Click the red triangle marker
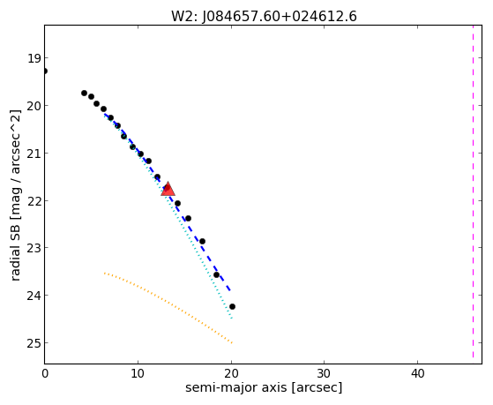point(168,189)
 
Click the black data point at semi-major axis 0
point(45,71)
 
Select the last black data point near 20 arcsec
point(232,306)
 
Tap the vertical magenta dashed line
point(473,191)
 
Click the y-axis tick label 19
point(34,58)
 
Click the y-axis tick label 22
point(34,201)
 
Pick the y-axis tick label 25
point(34,343)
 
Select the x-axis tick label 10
point(138,374)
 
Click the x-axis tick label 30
point(325,374)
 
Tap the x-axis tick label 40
point(417,374)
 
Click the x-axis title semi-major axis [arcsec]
point(264,387)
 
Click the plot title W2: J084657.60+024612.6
point(264,16)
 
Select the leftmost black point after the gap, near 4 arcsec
point(85,94)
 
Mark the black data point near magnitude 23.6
point(216,274)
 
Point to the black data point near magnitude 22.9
point(203,242)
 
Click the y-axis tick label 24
point(34,296)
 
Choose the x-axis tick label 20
point(231,374)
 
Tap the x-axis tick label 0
point(45,374)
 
